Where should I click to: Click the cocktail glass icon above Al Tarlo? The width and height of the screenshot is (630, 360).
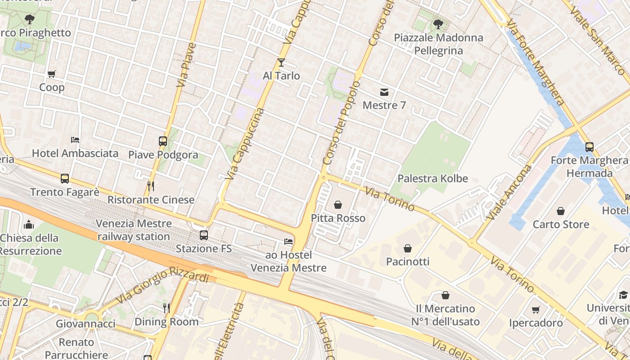(281, 62)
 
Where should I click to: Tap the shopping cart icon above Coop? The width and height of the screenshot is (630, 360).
(52, 74)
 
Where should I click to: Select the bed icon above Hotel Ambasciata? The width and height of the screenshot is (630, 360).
(75, 140)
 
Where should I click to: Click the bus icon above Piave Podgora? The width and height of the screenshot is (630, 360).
(163, 141)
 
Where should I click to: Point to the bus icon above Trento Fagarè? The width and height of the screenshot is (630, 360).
(65, 179)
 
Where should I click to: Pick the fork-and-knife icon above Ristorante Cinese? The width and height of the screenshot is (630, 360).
(151, 186)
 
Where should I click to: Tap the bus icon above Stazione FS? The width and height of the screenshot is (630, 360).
(204, 235)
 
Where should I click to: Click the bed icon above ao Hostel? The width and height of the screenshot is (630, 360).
(288, 242)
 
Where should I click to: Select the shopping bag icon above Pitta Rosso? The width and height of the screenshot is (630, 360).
(338, 205)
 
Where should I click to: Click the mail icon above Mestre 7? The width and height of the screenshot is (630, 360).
(384, 92)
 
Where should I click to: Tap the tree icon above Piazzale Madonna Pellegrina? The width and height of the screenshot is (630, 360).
(438, 24)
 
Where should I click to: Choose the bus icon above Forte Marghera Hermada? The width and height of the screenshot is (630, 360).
(589, 147)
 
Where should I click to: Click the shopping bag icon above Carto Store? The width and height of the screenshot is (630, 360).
(561, 211)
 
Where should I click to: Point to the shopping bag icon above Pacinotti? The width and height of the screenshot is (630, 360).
(408, 248)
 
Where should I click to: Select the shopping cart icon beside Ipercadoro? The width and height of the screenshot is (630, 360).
(535, 310)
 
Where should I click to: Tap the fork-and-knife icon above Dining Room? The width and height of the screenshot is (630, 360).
(166, 308)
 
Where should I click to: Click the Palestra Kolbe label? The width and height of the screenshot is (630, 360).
(433, 179)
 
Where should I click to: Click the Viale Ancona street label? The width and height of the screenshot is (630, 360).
(509, 193)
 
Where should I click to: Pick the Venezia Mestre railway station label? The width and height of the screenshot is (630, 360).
(134, 230)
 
